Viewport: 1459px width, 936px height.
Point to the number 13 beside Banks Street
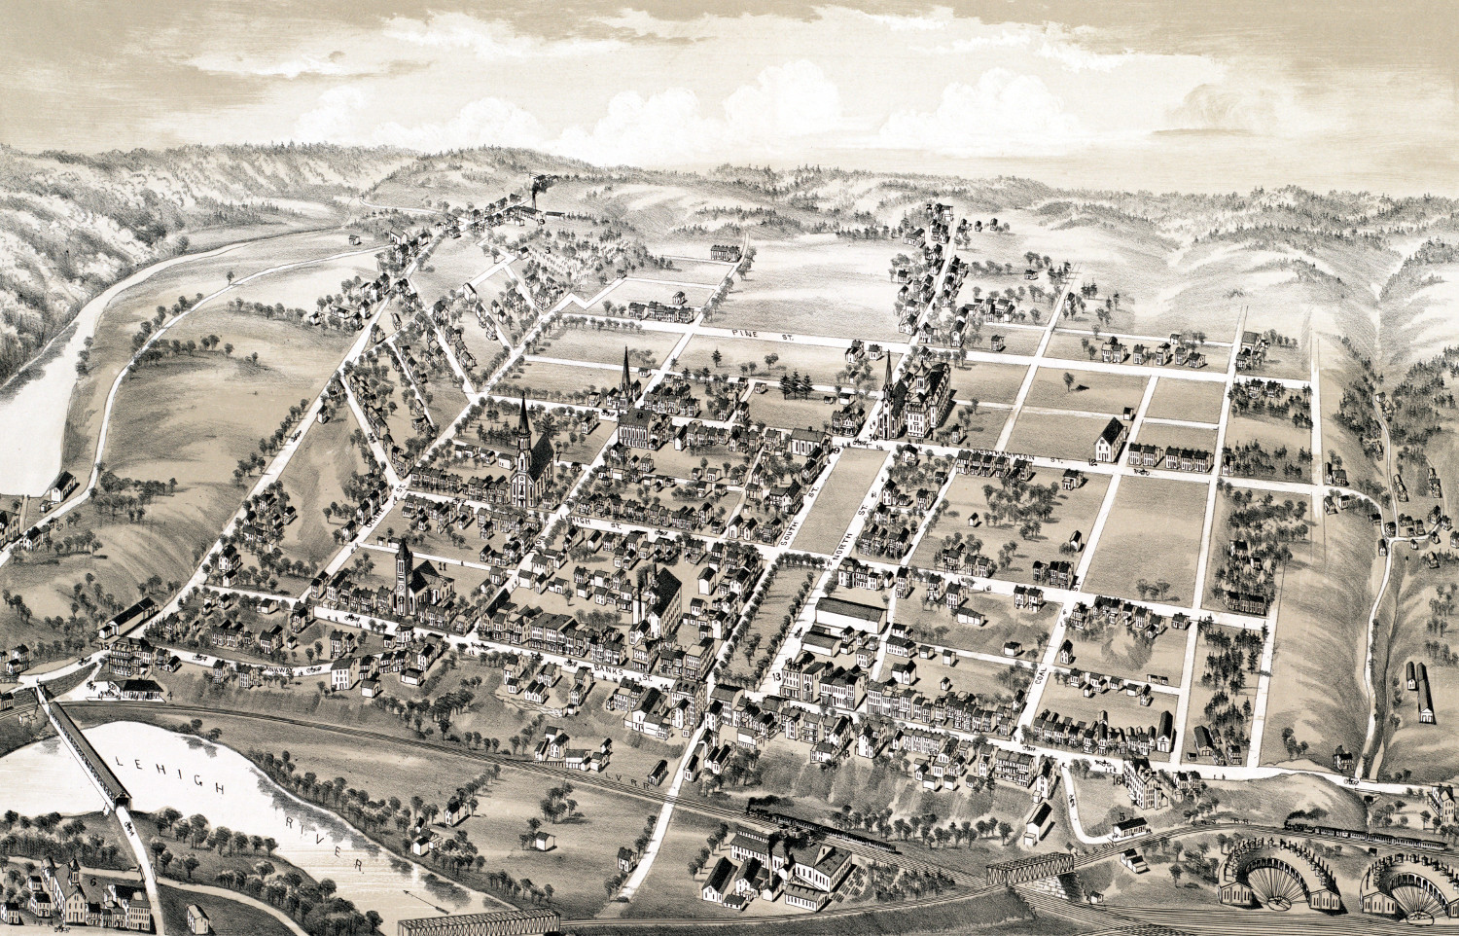point(776,675)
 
